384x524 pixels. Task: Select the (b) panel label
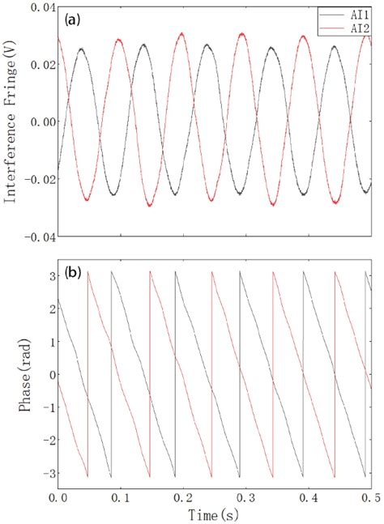70,274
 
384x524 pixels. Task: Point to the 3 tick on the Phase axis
48,276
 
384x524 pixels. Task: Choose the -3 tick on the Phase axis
45,473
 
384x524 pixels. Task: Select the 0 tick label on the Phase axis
48,375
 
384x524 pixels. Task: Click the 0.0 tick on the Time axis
57,496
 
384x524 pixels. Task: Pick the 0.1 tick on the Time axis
121,496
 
